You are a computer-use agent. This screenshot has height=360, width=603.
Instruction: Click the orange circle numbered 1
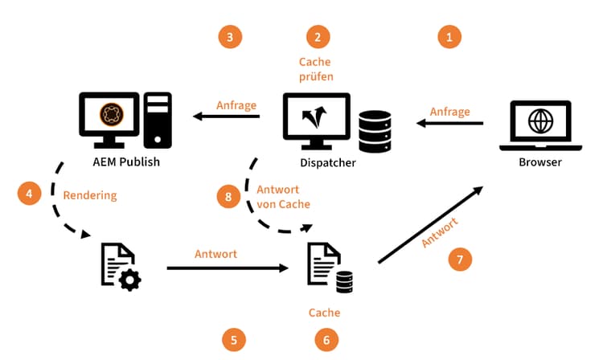pyautogui.click(x=449, y=36)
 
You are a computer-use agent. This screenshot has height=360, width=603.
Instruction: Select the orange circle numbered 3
pyautogui.click(x=230, y=36)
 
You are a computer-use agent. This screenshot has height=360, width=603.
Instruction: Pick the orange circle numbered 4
pyautogui.click(x=30, y=194)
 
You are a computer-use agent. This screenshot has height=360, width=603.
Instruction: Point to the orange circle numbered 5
pyautogui.click(x=233, y=340)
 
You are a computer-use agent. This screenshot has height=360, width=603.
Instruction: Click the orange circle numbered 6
pyautogui.click(x=326, y=340)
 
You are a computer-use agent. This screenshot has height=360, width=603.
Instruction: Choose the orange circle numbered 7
pyautogui.click(x=460, y=260)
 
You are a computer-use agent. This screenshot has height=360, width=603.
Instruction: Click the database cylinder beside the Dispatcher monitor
pyautogui.click(x=375, y=132)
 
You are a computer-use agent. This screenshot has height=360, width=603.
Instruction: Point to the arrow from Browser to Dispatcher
pyautogui.click(x=449, y=123)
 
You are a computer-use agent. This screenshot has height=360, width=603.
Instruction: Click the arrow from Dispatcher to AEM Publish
pyautogui.click(x=226, y=117)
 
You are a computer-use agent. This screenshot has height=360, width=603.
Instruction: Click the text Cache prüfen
pyautogui.click(x=315, y=70)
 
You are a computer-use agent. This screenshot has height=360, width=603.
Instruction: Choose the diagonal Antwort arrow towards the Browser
pyautogui.click(x=429, y=224)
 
